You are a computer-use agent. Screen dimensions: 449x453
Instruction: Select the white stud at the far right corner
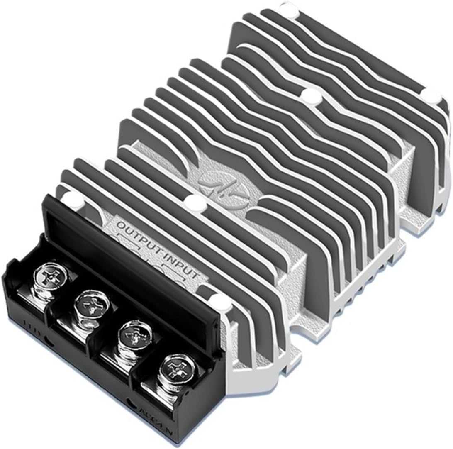[x=434, y=96]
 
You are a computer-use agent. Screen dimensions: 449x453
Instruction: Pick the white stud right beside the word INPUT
[x=216, y=300]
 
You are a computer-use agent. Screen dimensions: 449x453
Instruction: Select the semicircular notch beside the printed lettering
[x=132, y=402]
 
